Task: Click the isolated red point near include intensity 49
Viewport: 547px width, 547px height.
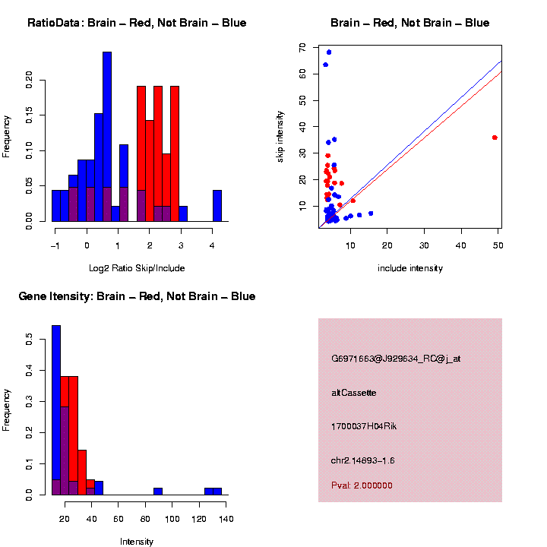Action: (495, 138)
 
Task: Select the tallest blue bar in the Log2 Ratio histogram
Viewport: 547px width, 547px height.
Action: (107, 137)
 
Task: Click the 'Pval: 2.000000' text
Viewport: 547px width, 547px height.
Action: (362, 485)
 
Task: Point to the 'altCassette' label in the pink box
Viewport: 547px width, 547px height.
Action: (354, 393)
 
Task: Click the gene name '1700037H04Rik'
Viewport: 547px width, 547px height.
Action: (364, 426)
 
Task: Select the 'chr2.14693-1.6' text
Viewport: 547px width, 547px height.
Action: (363, 460)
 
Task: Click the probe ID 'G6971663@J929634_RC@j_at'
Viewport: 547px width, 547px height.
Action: (396, 359)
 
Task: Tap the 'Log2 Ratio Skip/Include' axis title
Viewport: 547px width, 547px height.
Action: (137, 268)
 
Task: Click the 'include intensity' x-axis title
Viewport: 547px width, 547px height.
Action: (410, 268)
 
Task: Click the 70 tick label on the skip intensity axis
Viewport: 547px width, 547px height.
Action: (302, 47)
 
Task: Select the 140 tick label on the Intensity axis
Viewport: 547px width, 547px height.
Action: (226, 519)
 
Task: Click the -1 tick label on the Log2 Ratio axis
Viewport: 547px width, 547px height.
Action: (55, 245)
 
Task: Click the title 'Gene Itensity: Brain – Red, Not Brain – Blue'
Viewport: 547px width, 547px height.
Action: (138, 296)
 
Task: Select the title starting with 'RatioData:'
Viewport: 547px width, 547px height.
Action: (137, 24)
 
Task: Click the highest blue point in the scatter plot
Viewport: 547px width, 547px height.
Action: (329, 52)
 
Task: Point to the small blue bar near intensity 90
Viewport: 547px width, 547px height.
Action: (158, 491)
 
